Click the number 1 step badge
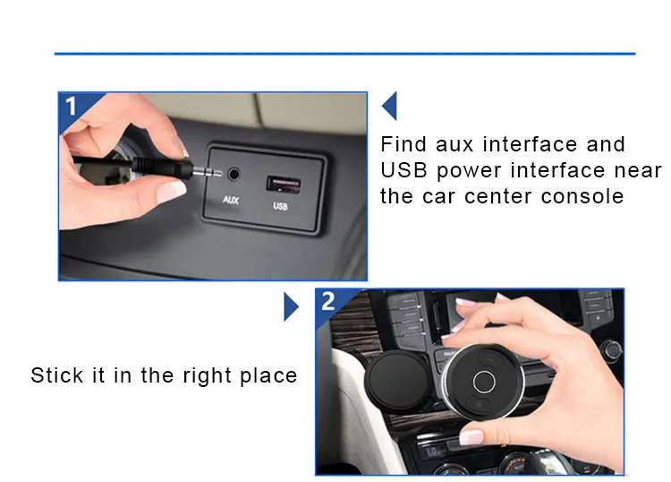click(x=72, y=106)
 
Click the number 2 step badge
click(x=328, y=301)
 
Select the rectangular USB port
click(x=282, y=185)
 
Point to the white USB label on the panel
click(x=281, y=207)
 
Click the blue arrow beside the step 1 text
click(x=389, y=106)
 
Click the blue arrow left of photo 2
click(x=291, y=306)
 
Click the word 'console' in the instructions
click(x=581, y=196)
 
